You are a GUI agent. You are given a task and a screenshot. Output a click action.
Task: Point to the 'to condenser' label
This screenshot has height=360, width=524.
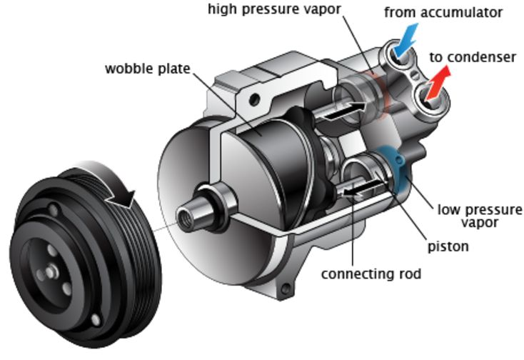pyautogui.click(x=473, y=57)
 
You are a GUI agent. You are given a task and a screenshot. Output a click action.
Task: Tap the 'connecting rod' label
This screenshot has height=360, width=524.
pyautogui.click(x=371, y=274)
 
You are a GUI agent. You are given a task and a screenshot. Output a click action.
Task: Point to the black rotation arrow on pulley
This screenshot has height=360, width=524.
pyautogui.click(x=129, y=191)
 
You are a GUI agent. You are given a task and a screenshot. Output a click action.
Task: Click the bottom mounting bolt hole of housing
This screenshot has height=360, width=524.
pyautogui.click(x=286, y=290)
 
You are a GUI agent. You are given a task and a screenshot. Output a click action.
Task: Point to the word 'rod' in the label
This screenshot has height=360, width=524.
pyautogui.click(x=408, y=274)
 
